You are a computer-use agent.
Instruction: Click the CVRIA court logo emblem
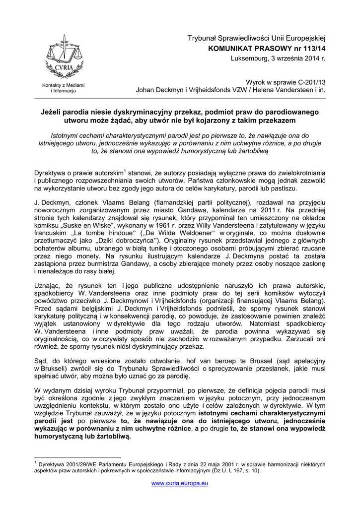(63, 58)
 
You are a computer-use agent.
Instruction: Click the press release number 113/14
(310, 49)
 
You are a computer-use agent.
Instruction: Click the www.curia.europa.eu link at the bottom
(180, 483)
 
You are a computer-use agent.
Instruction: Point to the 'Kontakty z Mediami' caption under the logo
(63, 85)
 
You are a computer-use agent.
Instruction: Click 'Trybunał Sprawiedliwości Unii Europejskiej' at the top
(256, 38)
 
